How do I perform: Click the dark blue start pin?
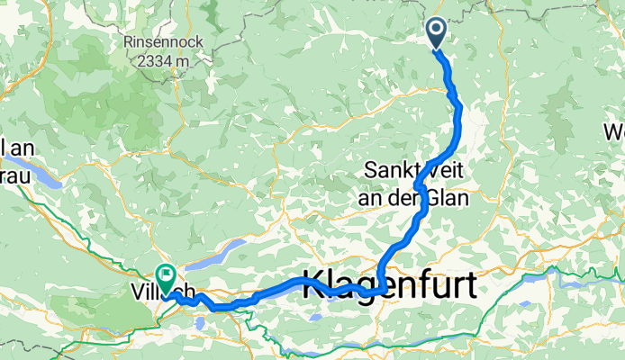click(435, 32)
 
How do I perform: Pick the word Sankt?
click(393, 168)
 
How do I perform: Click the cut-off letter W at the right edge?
click(615, 134)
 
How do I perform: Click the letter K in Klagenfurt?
click(319, 280)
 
